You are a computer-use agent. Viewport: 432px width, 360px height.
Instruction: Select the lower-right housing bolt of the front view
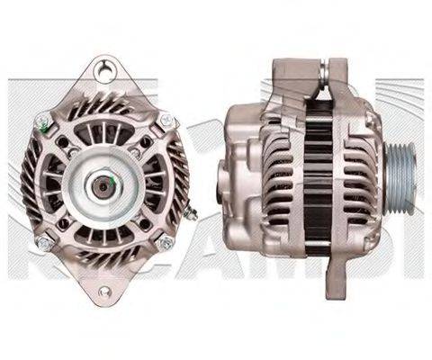click(165, 241)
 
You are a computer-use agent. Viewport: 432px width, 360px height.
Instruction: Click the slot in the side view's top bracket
click(321, 70)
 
